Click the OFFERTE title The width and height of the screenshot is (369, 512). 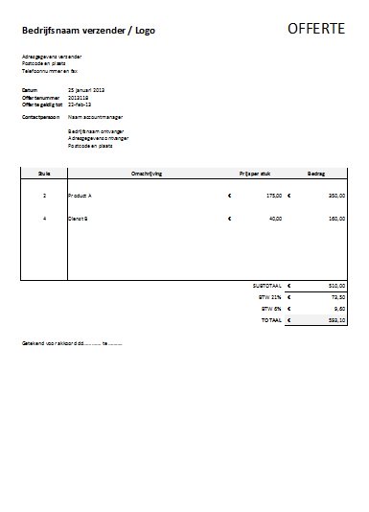[316, 30]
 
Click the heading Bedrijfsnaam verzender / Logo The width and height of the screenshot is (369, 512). [88, 32]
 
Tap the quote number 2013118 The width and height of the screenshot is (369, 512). [79, 97]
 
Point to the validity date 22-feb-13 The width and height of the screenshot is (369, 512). [80, 105]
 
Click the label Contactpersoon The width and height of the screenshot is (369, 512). [41, 116]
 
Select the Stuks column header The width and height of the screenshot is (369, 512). [44, 174]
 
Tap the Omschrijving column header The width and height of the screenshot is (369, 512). [147, 174]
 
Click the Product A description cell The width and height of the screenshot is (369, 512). [81, 196]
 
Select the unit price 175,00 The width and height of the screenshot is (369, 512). [274, 196]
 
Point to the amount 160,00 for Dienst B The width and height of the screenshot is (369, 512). [335, 219]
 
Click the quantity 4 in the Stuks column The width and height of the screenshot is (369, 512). [44, 219]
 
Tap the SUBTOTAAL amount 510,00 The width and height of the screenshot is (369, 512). [335, 286]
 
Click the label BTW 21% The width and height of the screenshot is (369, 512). [272, 297]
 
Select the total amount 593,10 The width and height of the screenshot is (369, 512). [335, 320]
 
